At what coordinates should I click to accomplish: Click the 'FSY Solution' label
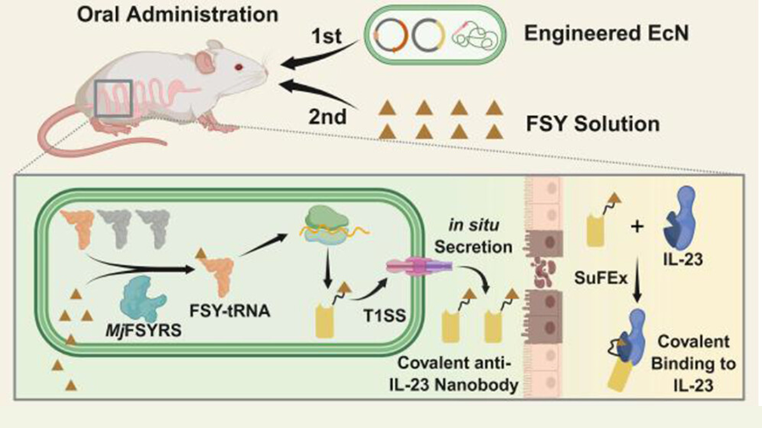pos(600,124)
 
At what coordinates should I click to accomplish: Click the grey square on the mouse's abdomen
pos(113,97)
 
